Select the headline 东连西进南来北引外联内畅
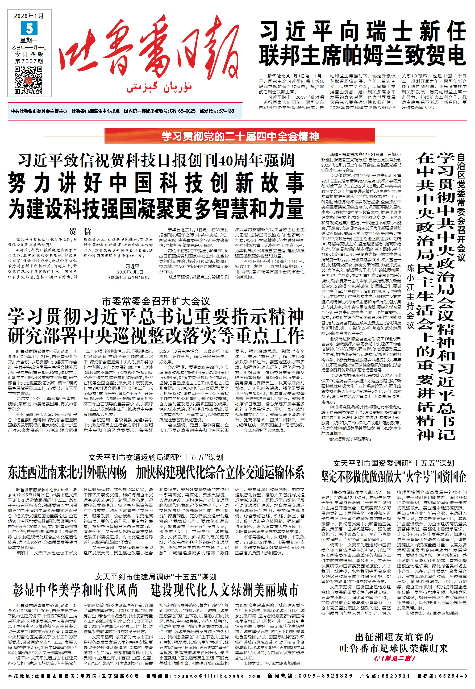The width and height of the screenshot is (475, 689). click(67, 473)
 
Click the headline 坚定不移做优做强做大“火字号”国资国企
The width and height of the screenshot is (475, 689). click(393, 476)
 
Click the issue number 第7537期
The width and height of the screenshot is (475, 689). click(29, 61)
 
